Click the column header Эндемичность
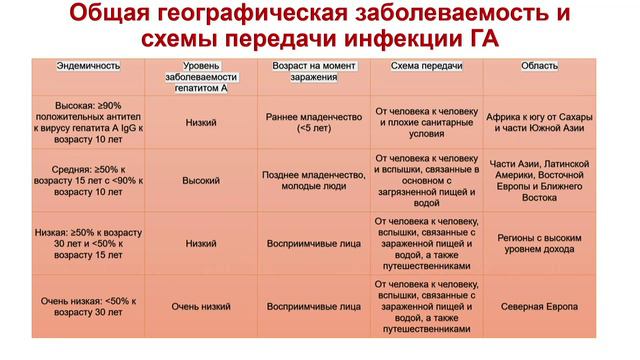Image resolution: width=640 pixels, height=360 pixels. (89, 65)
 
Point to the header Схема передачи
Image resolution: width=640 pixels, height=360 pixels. (425, 65)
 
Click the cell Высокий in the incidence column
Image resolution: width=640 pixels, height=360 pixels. (200, 182)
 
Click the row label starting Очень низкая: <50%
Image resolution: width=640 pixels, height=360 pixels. (89, 305)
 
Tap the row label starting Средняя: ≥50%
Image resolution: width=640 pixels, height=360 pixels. (89, 182)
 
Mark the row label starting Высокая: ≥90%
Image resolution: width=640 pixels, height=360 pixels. (89, 122)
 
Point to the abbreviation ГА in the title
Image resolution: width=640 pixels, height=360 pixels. (480, 41)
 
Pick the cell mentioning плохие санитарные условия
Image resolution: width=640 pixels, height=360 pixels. (425, 122)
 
